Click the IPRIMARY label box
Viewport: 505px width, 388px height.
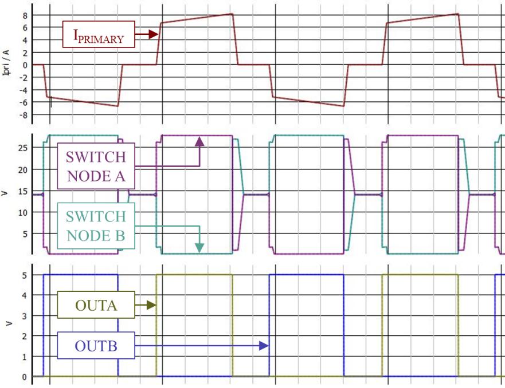98,35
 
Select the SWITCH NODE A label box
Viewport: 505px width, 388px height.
96,166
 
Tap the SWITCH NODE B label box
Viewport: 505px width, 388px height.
96,226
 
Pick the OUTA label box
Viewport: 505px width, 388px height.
96,305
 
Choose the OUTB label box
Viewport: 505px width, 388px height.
96,346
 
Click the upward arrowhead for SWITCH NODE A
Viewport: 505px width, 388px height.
199,141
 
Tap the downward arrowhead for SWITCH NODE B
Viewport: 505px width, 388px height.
199,247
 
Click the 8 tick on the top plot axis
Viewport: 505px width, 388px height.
25,15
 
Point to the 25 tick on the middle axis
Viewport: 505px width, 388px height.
23,148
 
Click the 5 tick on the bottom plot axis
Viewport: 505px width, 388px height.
25,275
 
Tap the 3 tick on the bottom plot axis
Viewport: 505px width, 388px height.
25,316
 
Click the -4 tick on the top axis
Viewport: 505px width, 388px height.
23,90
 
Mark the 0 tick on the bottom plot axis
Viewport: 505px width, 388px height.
25,377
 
